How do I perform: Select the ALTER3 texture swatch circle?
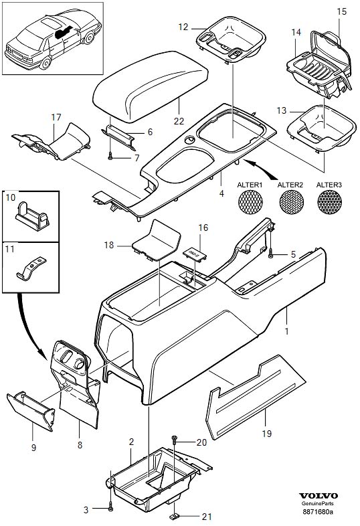coord(329,202)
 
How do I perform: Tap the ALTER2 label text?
coord(290,185)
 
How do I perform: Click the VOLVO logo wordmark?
coord(319,496)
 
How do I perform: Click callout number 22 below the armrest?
coord(179,120)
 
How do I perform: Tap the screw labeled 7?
coord(110,156)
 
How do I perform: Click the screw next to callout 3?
coord(111,508)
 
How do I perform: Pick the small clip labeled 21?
coord(173,515)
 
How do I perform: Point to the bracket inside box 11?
coord(31,268)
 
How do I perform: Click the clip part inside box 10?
coord(33,216)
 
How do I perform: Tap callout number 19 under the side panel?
coord(266,434)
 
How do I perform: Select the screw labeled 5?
coord(271,256)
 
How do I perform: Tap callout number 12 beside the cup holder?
coord(183,27)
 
